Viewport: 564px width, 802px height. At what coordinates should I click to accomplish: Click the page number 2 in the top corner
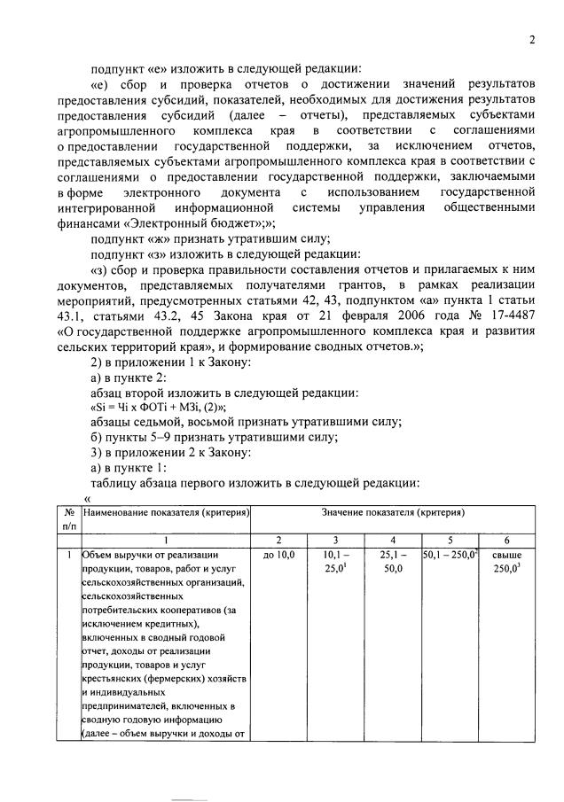click(532, 39)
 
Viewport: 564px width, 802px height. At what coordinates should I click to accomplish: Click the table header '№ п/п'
click(69, 518)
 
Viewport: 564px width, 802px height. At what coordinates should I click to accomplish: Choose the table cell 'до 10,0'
click(278, 555)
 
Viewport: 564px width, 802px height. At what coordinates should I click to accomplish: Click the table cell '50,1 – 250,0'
click(450, 555)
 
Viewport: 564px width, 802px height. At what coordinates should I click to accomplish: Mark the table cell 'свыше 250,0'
click(506, 562)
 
